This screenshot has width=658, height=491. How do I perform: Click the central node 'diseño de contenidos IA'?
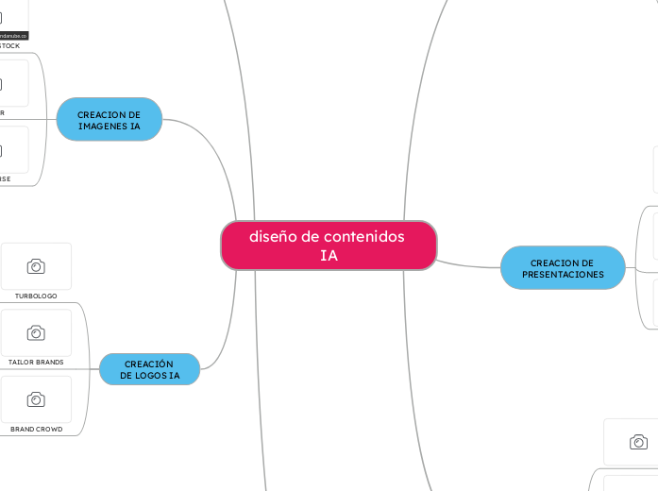329,245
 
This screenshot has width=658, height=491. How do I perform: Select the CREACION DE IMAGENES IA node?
109,120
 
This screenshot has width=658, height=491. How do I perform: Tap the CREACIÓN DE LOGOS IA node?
149,369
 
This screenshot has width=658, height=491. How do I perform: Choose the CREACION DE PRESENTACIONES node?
563,268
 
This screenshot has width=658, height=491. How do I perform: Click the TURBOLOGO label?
36,296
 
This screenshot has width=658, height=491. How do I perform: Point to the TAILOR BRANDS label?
36,362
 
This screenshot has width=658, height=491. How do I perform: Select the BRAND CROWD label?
36,429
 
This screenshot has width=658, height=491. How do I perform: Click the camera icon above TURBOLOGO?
36,266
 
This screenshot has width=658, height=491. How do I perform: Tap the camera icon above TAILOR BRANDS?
36,332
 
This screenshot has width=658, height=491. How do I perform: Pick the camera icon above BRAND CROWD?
36,399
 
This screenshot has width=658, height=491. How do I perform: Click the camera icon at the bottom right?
638,442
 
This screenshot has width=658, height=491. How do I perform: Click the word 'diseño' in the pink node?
272,236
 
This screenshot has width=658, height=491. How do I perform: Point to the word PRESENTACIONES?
563,275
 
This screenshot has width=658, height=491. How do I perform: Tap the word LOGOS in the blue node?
150,375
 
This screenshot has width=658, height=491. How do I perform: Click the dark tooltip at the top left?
13,35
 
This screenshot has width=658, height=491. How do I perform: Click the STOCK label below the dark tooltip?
8,45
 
